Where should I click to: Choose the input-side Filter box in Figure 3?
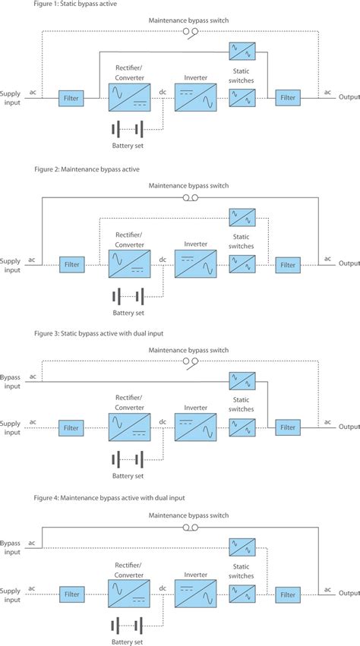[x=71, y=428]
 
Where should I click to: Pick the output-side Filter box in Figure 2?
[x=288, y=265]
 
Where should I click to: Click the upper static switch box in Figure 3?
[x=242, y=380]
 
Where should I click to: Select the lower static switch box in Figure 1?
[x=242, y=97]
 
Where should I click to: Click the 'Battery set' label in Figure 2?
[x=128, y=312]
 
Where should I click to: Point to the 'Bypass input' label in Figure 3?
[x=11, y=381]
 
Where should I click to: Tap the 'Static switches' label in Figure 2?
[x=242, y=241]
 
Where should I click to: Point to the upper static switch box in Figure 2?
[x=242, y=216]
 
